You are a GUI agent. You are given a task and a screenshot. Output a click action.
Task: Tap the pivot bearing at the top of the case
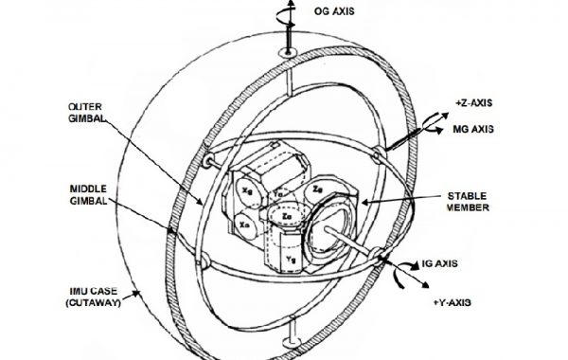pyautogui.click(x=285, y=54)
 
